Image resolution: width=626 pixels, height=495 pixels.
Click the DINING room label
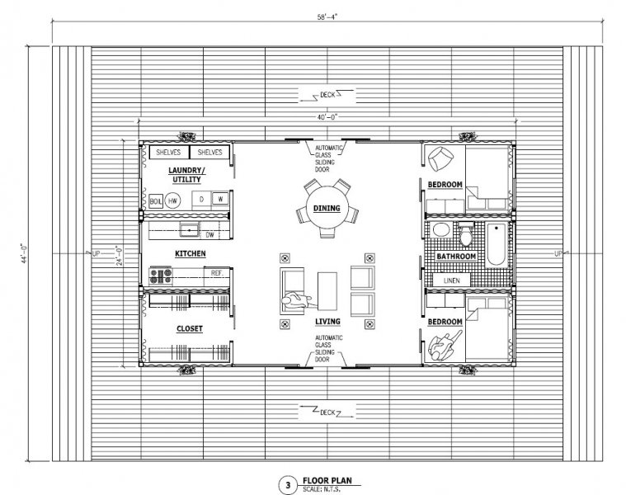(327, 209)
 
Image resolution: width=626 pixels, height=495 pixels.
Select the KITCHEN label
(190, 253)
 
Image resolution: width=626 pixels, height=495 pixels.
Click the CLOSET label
(190, 328)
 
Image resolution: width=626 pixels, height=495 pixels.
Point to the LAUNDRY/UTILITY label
(188, 174)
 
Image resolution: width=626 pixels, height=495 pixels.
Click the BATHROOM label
(456, 257)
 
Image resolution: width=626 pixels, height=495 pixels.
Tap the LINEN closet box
(452, 280)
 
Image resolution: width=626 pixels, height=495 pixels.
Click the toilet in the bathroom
(467, 237)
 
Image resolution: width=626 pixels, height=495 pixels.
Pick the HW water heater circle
(173, 200)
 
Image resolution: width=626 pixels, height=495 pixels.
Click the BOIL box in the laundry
(156, 200)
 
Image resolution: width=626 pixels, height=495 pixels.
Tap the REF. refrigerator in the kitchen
(217, 272)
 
